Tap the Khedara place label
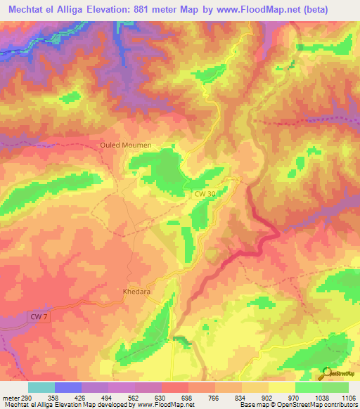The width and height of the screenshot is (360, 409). tap(133, 290)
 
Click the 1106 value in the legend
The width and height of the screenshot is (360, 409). tap(349, 397)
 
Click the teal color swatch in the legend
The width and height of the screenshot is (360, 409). tap(41, 387)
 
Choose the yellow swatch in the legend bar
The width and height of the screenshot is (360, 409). tap(281, 387)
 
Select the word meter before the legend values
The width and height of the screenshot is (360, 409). tap(8, 397)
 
